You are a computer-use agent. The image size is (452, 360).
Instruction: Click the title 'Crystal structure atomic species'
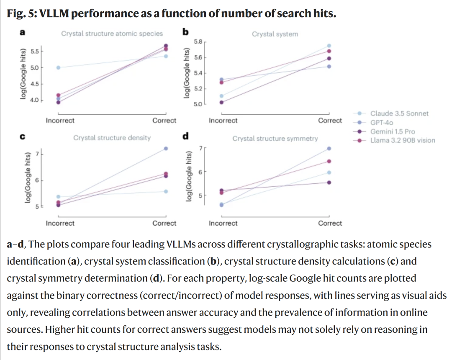112,33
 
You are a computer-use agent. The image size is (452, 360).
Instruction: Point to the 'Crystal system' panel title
275,34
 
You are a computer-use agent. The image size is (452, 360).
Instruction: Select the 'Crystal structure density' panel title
112,138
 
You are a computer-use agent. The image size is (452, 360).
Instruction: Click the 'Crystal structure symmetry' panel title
275,138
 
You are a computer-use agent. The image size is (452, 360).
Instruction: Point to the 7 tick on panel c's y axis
36,154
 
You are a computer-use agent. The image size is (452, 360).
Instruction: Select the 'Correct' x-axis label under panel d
330,223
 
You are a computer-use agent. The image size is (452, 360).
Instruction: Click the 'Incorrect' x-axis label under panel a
60,121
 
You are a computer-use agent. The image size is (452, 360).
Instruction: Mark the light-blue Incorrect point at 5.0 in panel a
59,67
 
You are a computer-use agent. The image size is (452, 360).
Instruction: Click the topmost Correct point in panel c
166,148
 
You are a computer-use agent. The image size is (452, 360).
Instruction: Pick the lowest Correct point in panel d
329,182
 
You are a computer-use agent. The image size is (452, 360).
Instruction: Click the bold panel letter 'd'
185,136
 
